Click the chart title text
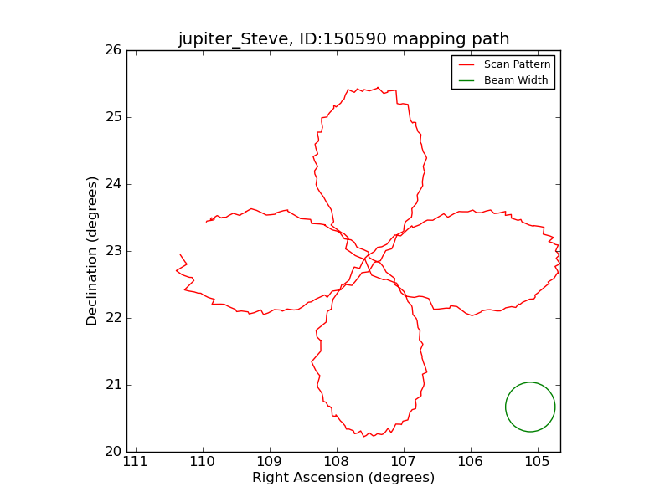(343, 39)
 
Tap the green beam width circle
(530, 407)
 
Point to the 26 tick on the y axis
(113, 50)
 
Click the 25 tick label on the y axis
(113, 117)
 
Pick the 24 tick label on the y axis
(113, 184)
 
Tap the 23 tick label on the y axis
(113, 251)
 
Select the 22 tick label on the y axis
(113, 318)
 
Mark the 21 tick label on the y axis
(113, 385)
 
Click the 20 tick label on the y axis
(113, 452)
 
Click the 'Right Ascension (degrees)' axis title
(343, 478)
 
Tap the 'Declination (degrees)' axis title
(93, 251)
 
